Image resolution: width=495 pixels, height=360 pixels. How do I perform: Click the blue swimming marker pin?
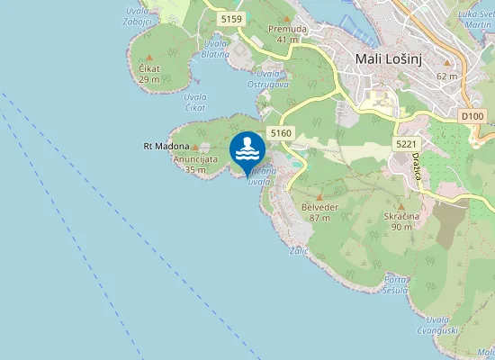247,150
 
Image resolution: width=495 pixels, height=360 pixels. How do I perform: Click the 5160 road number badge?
281,133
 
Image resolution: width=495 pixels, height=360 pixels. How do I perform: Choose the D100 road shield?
472,116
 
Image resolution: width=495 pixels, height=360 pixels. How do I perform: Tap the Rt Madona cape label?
166,146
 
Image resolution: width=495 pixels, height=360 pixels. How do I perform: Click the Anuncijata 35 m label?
195,163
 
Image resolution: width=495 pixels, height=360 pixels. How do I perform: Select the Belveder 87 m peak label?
319,211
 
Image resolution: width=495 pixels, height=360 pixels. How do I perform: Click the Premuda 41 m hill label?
287,34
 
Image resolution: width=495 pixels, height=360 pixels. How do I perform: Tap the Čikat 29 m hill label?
149,74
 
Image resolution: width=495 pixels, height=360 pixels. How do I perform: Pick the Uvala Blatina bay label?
216,49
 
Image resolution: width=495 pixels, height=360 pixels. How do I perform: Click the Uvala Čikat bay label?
195,102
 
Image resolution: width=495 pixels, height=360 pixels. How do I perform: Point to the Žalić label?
299,251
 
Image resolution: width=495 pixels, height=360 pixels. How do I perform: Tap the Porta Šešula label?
396,284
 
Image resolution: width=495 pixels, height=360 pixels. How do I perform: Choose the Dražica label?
418,169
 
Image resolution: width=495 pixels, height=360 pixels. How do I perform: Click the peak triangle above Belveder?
319,195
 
